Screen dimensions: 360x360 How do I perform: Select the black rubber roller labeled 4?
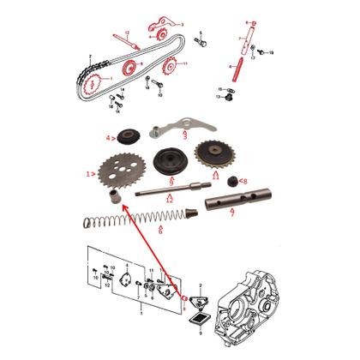[131, 135]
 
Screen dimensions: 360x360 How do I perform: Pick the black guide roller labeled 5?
[167, 164]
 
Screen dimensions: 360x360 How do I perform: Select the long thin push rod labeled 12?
[171, 192]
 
